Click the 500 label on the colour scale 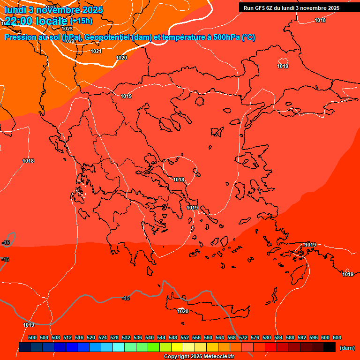point(32,337)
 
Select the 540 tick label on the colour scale point(150,337)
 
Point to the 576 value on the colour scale point(255,337)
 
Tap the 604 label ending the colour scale point(337,337)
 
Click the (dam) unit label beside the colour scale point(347,348)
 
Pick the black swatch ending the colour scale point(329,347)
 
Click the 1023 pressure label point(67,29)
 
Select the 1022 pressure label point(69,41)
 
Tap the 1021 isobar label point(96,51)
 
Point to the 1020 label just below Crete point(183,311)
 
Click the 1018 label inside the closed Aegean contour point(179,180)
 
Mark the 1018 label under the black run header point(320,20)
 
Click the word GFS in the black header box point(261,8)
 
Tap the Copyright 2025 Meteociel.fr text point(199,357)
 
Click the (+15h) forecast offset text point(81,21)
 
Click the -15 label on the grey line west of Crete point(126,298)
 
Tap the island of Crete point(206,304)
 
